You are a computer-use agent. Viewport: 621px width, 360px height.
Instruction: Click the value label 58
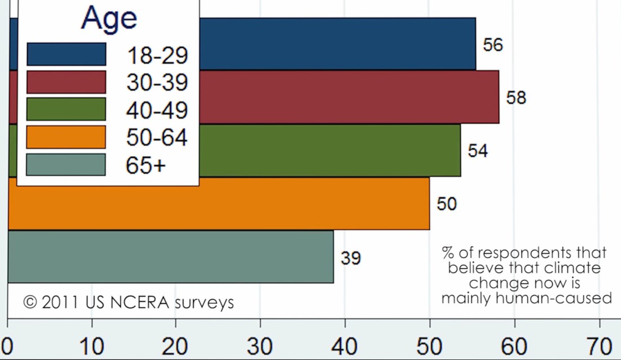[x=516, y=98]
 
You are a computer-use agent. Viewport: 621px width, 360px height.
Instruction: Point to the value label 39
[x=351, y=258]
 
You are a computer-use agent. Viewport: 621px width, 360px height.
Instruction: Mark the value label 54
[x=478, y=151]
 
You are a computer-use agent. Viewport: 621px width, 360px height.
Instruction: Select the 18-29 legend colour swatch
[x=66, y=55]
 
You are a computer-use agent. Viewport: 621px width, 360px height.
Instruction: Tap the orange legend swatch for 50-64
[x=66, y=137]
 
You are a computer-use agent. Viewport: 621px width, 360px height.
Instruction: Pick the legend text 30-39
[x=157, y=83]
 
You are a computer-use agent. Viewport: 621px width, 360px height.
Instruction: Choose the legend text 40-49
[x=157, y=111]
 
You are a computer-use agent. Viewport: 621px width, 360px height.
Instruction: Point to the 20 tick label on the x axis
[x=176, y=345]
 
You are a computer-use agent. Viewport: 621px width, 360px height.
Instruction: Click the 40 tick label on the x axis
[x=345, y=345]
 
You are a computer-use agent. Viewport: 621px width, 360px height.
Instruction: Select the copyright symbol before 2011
[x=30, y=302]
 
